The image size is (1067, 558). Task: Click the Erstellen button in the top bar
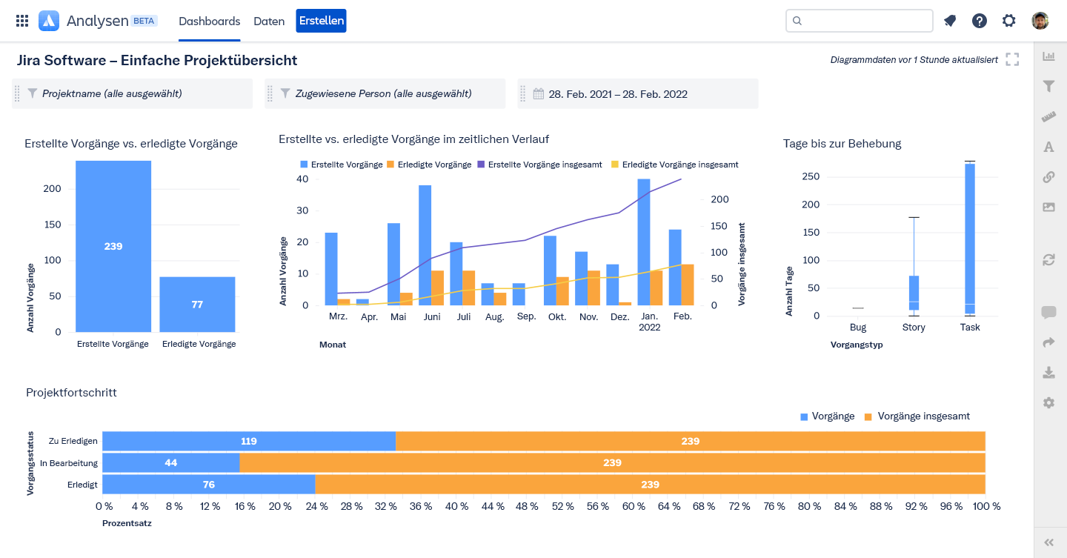(321, 21)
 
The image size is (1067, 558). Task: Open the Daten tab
(269, 21)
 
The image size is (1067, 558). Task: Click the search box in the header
(859, 21)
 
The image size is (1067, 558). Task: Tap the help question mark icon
(980, 21)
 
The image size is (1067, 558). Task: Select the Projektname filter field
(133, 94)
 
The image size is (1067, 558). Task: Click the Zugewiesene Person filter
(385, 94)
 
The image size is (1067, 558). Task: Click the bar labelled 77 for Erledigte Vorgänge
(197, 305)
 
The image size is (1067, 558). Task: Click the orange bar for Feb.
(688, 285)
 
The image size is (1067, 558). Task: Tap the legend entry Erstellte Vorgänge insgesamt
(539, 165)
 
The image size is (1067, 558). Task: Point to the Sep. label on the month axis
(526, 316)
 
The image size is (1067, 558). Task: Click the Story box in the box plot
(914, 293)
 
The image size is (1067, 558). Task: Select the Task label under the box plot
(970, 328)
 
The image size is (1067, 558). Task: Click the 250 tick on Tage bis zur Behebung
(810, 176)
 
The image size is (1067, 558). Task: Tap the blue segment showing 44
(171, 463)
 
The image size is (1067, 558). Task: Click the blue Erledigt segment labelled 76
(208, 485)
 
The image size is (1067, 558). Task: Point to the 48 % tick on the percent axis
(527, 506)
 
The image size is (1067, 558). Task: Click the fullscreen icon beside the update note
(1012, 59)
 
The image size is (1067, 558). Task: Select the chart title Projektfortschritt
(71, 393)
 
